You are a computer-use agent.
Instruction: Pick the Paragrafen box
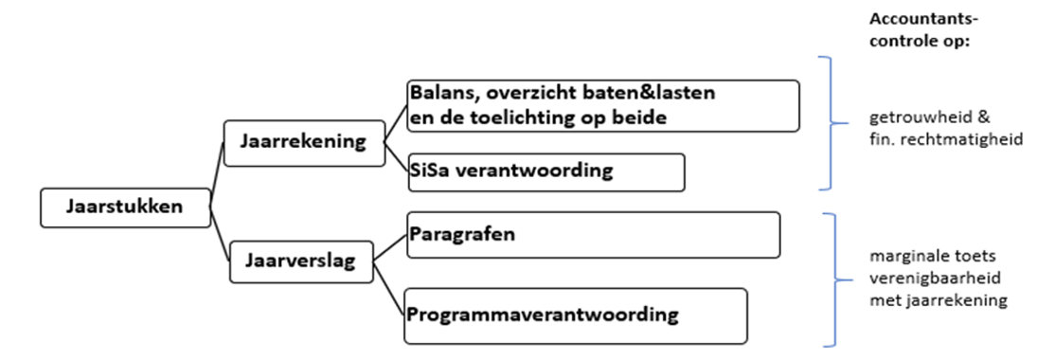click(x=592, y=234)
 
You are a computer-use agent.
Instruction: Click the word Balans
click(x=440, y=95)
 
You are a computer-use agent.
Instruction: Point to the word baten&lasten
click(x=657, y=95)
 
